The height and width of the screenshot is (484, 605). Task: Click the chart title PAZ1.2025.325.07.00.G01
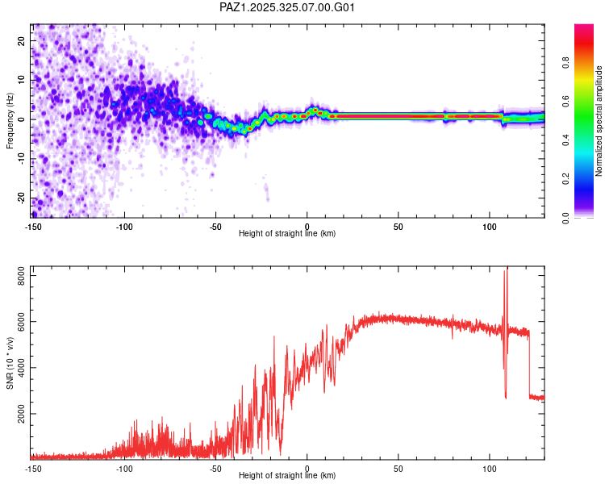click(287, 7)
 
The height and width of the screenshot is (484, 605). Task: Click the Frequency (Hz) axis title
click(10, 121)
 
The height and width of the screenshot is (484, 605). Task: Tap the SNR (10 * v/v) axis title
click(10, 363)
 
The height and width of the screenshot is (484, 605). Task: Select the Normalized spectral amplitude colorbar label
click(599, 121)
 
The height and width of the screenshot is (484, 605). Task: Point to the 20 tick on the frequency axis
click(22, 42)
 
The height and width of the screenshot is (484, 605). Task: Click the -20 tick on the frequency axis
click(22, 198)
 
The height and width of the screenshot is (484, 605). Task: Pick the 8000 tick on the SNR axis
click(22, 276)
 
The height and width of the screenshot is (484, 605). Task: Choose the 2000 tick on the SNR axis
click(22, 414)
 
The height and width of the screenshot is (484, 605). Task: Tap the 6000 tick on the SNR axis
click(22, 322)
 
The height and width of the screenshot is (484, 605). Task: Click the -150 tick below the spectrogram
click(33, 226)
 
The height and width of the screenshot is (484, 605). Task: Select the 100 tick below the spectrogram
click(490, 226)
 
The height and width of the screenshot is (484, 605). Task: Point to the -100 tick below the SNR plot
click(124, 468)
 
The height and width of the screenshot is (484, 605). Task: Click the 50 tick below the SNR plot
click(398, 468)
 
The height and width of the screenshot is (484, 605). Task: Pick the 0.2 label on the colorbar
click(565, 179)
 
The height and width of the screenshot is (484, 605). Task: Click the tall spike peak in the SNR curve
click(507, 268)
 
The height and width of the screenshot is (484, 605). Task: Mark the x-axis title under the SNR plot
click(287, 476)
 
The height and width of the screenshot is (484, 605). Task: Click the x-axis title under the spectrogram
click(287, 234)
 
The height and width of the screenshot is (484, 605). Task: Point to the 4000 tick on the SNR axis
click(22, 368)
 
